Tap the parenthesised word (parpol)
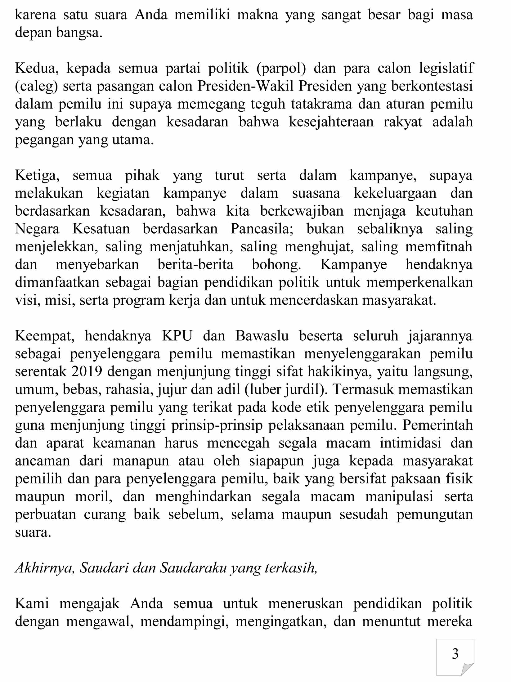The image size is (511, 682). coord(281,69)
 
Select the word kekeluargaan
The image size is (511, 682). coord(395,194)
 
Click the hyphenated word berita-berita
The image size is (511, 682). coord(195,265)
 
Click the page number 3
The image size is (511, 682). coord(455,654)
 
